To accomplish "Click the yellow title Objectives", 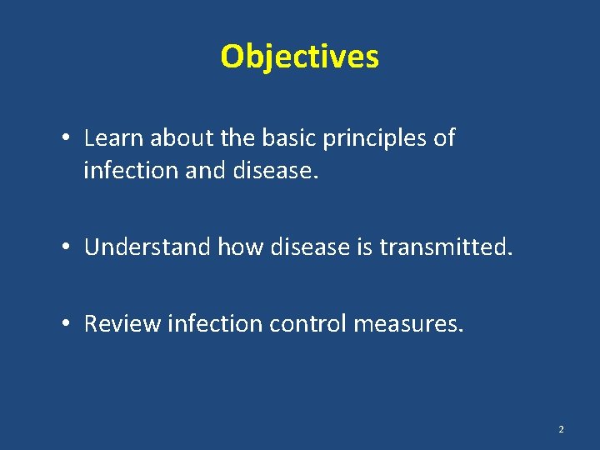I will (x=299, y=57).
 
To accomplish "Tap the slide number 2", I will (x=561, y=429).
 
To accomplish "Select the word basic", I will (x=297, y=138).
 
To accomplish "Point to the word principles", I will (x=380, y=139).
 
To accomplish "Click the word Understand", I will (x=148, y=247).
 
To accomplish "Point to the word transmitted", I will (x=457, y=247).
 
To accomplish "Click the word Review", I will (x=122, y=323).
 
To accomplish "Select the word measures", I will (x=407, y=323).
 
